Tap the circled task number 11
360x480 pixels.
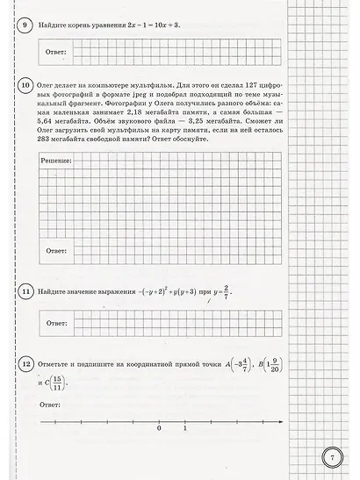pos(25,290)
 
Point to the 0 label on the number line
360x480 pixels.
pos(159,428)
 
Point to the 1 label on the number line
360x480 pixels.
pos(184,428)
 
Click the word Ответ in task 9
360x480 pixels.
pos(55,53)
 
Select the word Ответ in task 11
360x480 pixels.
pos(55,323)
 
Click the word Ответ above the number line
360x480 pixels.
pos(51,405)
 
